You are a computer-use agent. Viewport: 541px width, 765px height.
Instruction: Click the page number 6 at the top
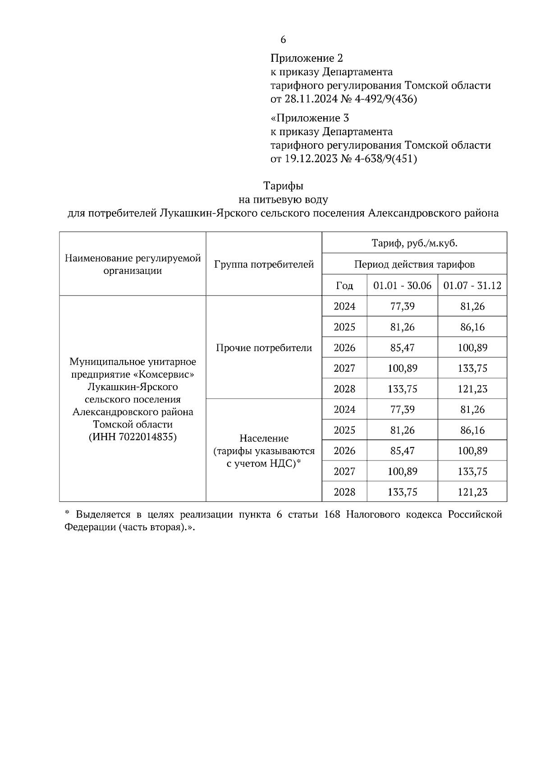click(283, 40)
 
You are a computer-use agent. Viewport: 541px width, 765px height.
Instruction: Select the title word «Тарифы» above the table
click(283, 186)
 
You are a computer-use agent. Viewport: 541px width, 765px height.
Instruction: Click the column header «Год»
click(344, 286)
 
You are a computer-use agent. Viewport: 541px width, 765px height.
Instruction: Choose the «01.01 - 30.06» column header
click(402, 286)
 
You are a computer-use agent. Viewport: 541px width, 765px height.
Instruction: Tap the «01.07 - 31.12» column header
click(472, 286)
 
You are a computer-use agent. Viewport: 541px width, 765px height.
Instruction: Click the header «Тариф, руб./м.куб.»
click(414, 243)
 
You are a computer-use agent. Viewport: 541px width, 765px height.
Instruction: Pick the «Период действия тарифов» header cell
click(414, 264)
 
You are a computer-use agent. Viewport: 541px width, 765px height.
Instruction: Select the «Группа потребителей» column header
click(264, 264)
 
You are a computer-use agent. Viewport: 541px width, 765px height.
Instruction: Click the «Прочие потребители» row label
click(264, 348)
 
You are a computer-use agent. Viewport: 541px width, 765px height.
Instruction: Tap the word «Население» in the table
click(264, 438)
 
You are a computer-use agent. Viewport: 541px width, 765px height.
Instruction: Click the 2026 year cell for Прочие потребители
click(344, 348)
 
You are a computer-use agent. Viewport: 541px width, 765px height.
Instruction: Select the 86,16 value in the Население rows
click(472, 430)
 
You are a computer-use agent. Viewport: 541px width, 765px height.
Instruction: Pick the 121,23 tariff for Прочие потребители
click(472, 389)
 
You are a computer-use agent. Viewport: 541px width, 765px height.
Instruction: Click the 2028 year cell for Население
click(344, 492)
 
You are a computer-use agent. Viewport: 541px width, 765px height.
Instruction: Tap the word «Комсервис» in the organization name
click(170, 375)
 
